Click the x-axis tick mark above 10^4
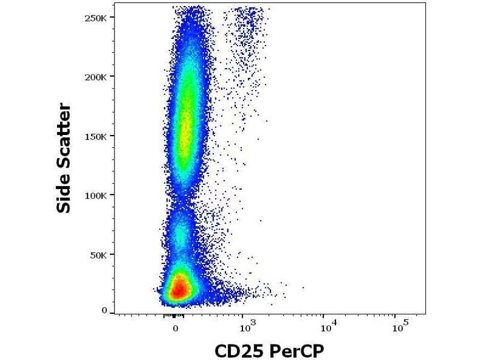click(323, 316)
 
